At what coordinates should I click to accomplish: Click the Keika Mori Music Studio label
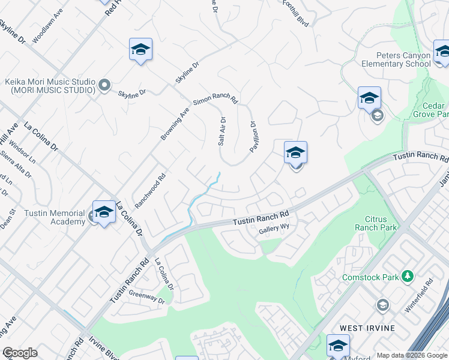click(x=50, y=86)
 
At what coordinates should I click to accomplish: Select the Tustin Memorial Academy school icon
click(x=104, y=213)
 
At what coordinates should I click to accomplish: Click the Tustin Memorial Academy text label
click(x=47, y=218)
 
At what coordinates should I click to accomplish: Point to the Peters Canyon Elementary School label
click(x=396, y=59)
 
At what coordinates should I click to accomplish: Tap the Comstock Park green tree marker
click(x=408, y=277)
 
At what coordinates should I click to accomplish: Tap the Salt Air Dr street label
click(x=221, y=131)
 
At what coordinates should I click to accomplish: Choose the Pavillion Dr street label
click(x=253, y=137)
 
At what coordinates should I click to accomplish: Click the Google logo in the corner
click(x=20, y=353)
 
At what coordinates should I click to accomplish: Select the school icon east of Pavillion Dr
click(x=295, y=153)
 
